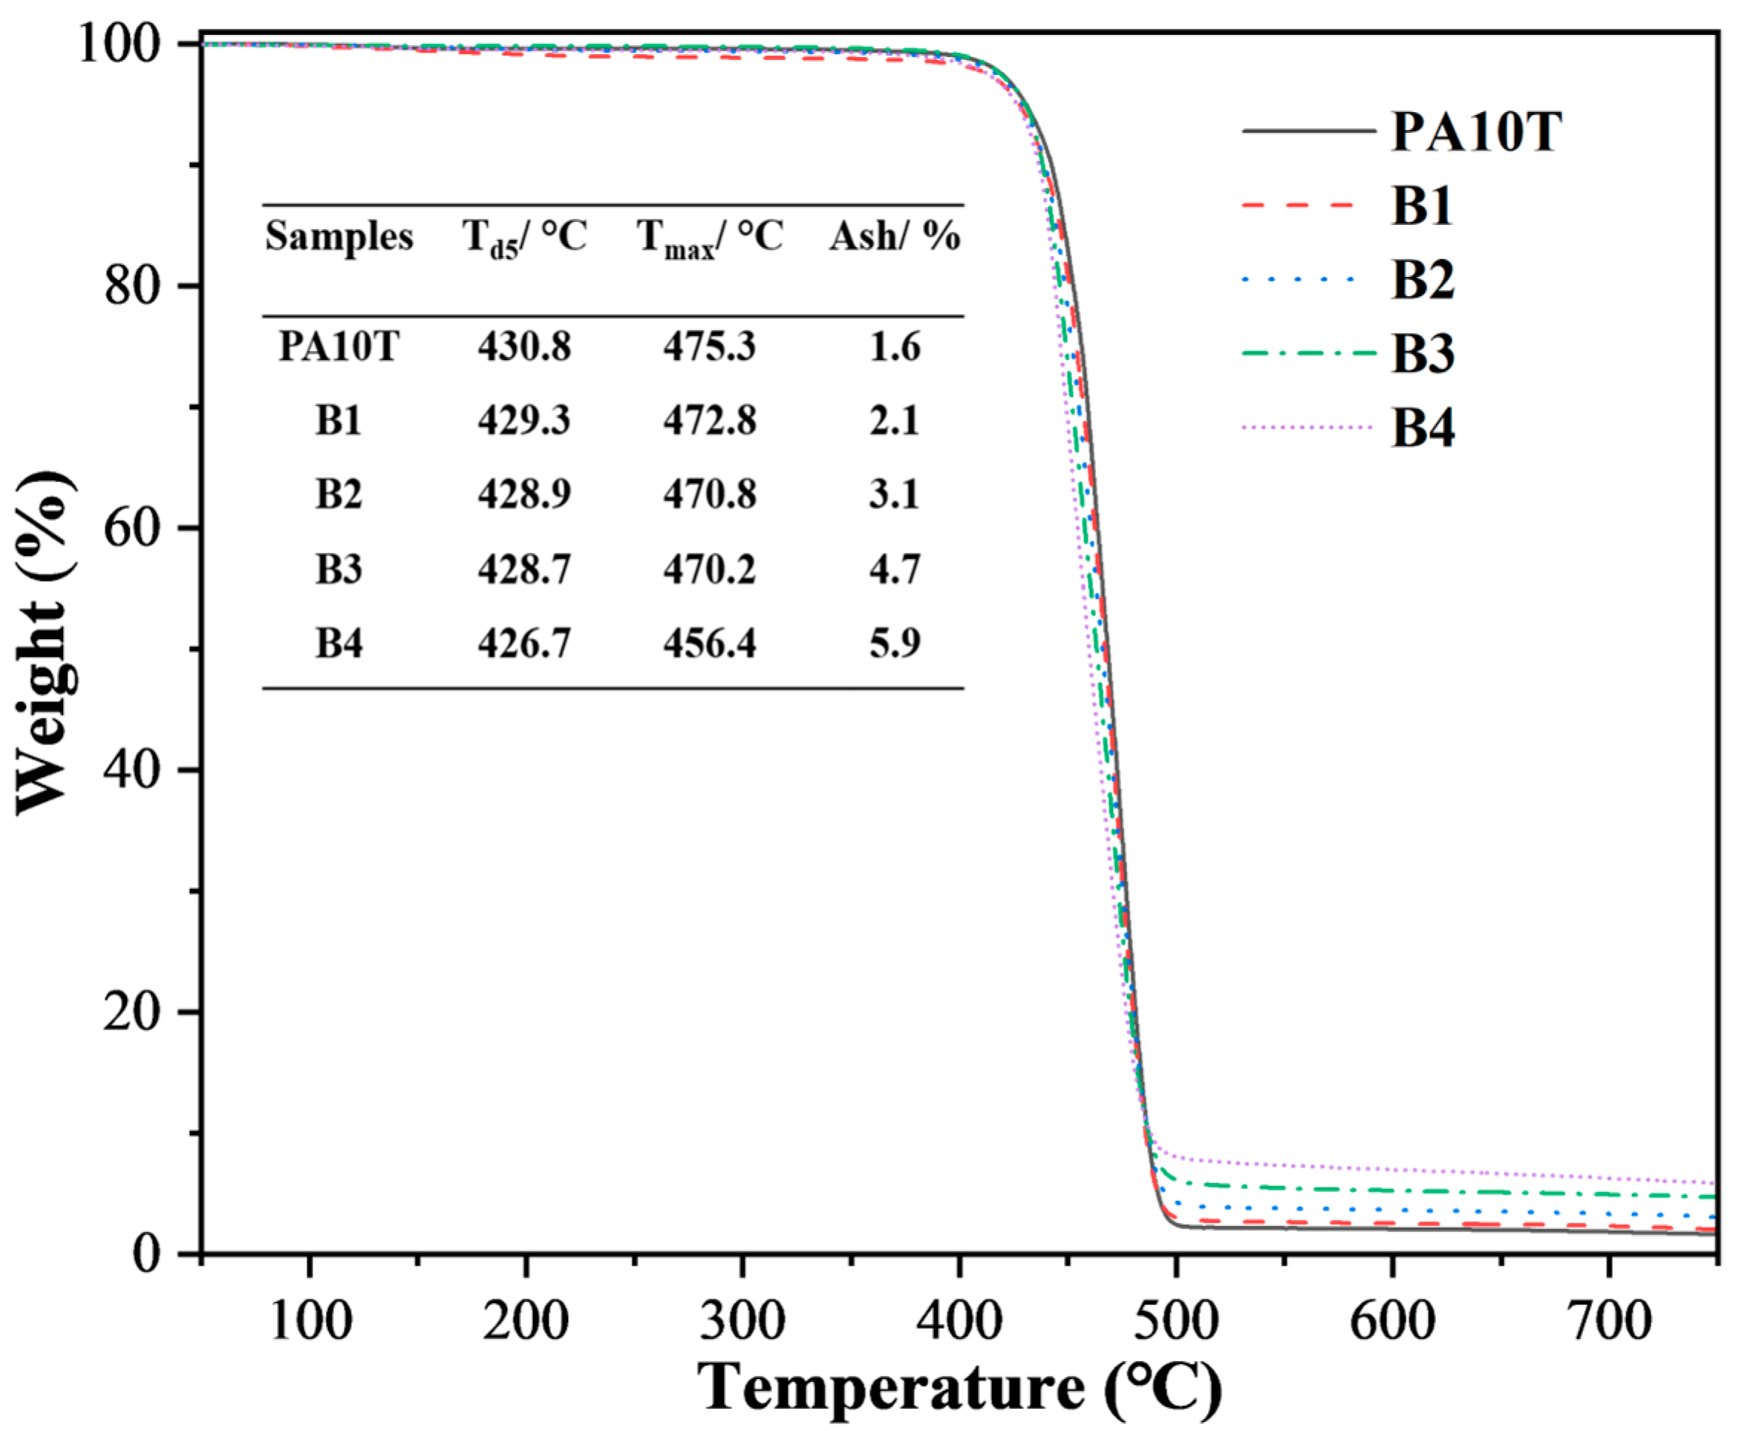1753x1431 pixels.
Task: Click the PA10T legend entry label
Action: pyautogui.click(x=1476, y=132)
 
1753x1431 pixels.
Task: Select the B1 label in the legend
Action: pyautogui.click(x=1423, y=206)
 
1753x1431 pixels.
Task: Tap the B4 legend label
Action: pyautogui.click(x=1423, y=428)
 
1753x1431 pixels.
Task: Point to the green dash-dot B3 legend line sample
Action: pyautogui.click(x=1308, y=353)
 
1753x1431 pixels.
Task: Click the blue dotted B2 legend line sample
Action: pyautogui.click(x=1299, y=281)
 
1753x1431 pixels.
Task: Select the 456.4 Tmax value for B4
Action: pyautogui.click(x=709, y=643)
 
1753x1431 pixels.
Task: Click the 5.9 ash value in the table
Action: pyautogui.click(x=895, y=643)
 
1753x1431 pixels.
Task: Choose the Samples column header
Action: pyautogui.click(x=339, y=238)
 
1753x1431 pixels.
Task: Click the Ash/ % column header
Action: pyautogui.click(x=895, y=238)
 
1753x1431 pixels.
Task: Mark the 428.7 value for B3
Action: pyautogui.click(x=523, y=569)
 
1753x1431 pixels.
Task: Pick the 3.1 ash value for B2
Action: pyautogui.click(x=895, y=494)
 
